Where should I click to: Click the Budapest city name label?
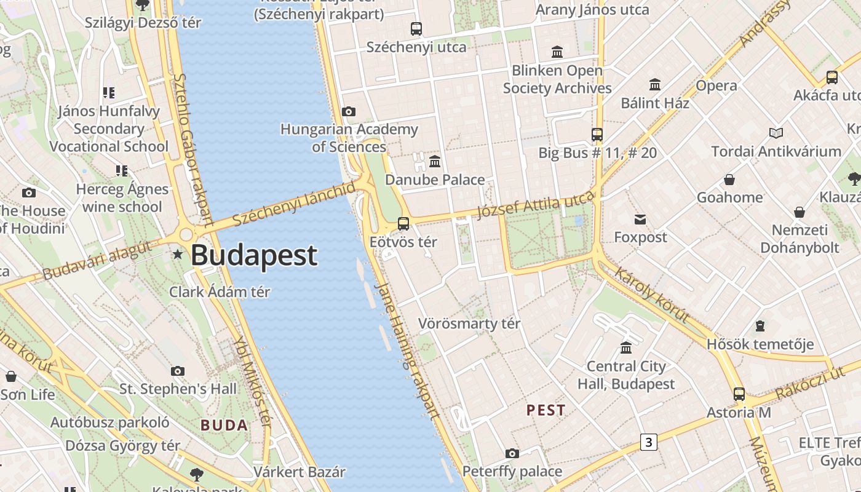pos(254,255)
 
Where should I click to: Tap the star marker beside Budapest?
pos(178,253)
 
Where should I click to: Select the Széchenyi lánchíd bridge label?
pos(294,204)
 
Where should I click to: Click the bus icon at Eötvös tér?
pos(403,223)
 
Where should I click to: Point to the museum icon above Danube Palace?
pos(435,162)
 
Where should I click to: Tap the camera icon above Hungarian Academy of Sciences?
pos(349,111)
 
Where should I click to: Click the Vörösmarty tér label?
pos(469,323)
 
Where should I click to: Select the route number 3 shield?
pos(648,442)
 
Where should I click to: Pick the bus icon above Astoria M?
pos(739,394)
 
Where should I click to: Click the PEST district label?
pos(546,410)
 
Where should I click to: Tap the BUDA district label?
pos(224,425)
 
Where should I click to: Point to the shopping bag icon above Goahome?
pos(729,180)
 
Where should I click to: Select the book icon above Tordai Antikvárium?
pos(776,133)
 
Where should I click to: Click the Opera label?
pos(716,85)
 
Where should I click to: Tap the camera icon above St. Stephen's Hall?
pos(178,371)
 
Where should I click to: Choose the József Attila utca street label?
pos(536,205)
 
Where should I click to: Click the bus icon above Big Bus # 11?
pos(597,134)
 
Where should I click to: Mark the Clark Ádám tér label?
pos(220,292)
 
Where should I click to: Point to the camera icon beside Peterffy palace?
pos(512,454)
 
